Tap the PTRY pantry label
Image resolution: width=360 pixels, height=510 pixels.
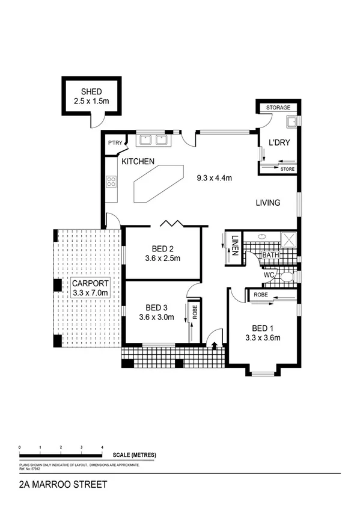pyautogui.click(x=114, y=143)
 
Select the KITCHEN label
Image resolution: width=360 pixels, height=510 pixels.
pyautogui.click(x=138, y=162)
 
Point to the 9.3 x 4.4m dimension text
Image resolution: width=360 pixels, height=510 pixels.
pyautogui.click(x=215, y=178)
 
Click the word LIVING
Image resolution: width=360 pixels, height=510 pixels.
pyautogui.click(x=267, y=203)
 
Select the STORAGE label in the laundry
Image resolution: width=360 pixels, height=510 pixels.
pyautogui.click(x=278, y=108)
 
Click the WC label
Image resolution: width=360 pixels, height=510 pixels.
pyautogui.click(x=270, y=275)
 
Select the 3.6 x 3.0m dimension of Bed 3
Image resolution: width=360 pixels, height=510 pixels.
pyautogui.click(x=156, y=317)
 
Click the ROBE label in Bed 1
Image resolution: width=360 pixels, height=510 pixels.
pyautogui.click(x=260, y=295)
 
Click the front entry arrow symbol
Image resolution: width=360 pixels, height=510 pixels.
pyautogui.click(x=215, y=345)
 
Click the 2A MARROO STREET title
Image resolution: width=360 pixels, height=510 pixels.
pyautogui.click(x=55, y=484)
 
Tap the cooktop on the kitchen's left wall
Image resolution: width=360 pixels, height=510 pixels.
pyautogui.click(x=111, y=180)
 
